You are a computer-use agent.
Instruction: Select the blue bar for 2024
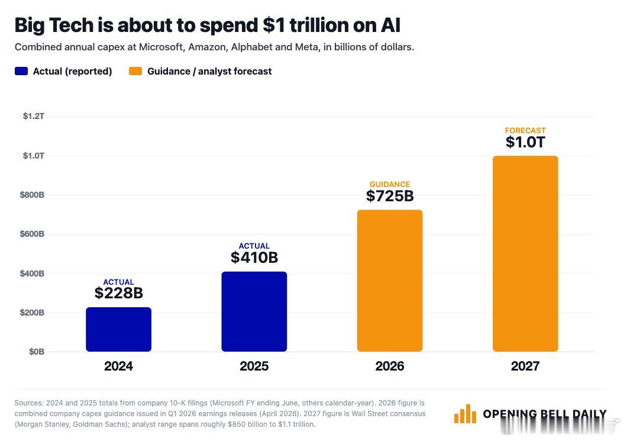point(118,329)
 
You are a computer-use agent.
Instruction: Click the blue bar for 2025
point(254,312)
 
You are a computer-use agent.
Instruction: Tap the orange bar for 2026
point(389,281)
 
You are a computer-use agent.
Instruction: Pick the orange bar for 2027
point(525,254)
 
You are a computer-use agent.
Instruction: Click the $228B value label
point(119,294)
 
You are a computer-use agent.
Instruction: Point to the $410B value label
point(254,257)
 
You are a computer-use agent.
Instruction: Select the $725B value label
point(390,196)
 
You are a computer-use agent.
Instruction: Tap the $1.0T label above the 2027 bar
point(525,142)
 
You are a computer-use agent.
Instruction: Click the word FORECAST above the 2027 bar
point(525,130)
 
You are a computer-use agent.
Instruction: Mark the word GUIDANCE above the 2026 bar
point(390,185)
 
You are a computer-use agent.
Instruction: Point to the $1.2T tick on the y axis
point(34,116)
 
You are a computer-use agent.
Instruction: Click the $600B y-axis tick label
point(32,234)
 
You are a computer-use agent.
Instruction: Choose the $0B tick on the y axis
point(37,352)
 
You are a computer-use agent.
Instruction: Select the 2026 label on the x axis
point(390,366)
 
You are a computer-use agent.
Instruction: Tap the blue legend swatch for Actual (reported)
point(21,71)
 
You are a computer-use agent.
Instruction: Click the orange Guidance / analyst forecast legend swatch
point(135,71)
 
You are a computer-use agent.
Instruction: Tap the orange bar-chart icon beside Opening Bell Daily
point(465,414)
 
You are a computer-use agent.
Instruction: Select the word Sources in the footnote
point(29,403)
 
